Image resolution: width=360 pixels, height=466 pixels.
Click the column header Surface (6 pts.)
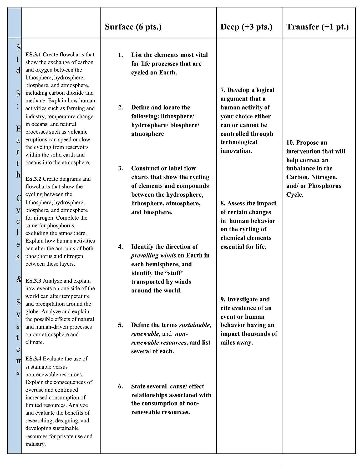(133, 27)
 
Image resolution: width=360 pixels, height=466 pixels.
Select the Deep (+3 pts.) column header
(246, 27)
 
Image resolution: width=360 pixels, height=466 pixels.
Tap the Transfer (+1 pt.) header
(317, 27)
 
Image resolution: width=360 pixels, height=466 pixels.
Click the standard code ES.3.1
(33, 55)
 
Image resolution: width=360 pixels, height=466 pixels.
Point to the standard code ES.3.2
(33, 179)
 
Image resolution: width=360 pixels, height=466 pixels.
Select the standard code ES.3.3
(33, 281)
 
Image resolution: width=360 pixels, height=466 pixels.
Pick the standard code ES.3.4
(33, 359)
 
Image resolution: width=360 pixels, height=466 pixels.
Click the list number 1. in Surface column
(120, 55)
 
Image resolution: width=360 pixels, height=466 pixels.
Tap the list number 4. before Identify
(120, 247)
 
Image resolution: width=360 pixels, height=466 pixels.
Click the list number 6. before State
(120, 386)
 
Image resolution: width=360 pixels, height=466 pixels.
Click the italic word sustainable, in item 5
(195, 325)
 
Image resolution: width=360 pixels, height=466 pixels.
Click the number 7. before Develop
(223, 90)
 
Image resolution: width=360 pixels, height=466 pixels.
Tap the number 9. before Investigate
(223, 299)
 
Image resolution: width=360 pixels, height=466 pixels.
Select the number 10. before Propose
(290, 143)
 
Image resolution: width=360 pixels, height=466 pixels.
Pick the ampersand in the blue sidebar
(19, 279)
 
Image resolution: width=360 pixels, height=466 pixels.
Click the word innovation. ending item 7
(236, 151)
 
